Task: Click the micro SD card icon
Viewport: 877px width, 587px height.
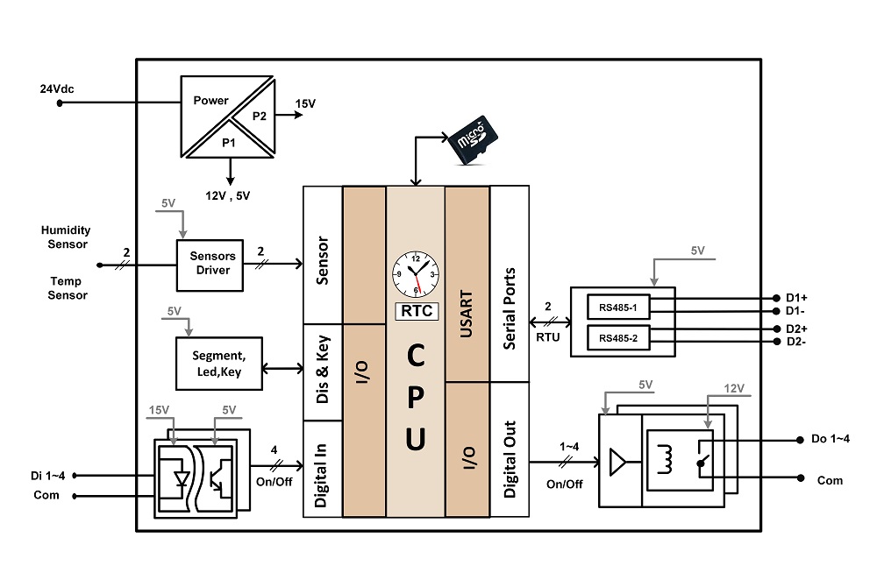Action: click(x=474, y=139)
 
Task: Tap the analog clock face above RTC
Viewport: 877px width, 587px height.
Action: click(x=416, y=274)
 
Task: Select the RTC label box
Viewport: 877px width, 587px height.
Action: click(x=417, y=311)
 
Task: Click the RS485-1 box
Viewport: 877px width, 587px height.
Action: click(x=618, y=308)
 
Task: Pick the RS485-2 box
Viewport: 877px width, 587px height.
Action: click(x=618, y=338)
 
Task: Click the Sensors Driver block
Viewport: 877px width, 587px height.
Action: click(x=210, y=265)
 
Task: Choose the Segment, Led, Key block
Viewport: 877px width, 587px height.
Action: click(x=219, y=364)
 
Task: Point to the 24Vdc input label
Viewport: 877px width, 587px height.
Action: click(x=57, y=88)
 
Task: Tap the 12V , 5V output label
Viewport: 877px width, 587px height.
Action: click(x=228, y=195)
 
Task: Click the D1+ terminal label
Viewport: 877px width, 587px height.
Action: click(x=796, y=298)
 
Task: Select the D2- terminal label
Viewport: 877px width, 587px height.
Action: click(x=796, y=342)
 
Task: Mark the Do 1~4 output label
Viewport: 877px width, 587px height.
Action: click(x=831, y=439)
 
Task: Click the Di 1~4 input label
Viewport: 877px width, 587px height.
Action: click(x=47, y=476)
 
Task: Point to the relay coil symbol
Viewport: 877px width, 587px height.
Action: click(x=665, y=459)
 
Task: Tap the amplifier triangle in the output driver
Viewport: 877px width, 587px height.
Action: click(x=617, y=462)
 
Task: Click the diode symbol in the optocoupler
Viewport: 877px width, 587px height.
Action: click(x=182, y=478)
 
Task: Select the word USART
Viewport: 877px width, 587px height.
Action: click(x=466, y=314)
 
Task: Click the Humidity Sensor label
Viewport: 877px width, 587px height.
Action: click(x=66, y=237)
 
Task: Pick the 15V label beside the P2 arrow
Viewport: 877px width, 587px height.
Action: click(x=305, y=103)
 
